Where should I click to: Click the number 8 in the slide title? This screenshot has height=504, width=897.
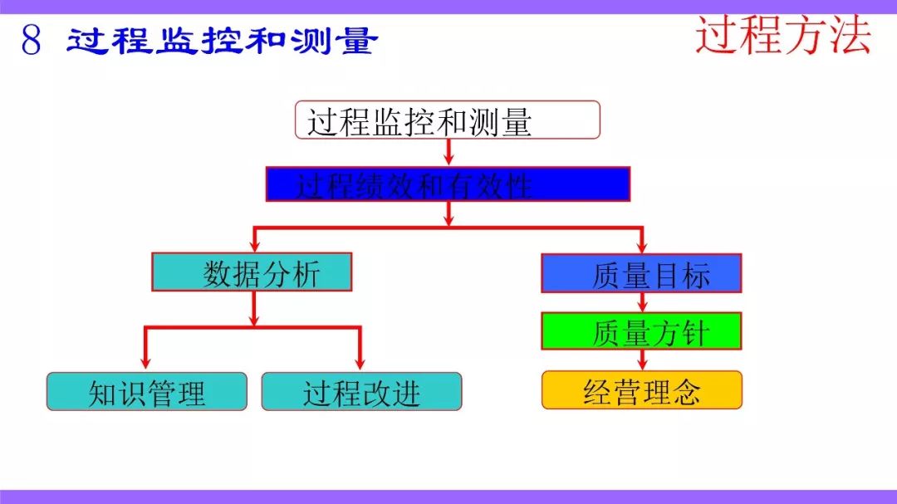pos(32,40)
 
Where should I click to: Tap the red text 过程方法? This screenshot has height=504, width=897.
pos(783,36)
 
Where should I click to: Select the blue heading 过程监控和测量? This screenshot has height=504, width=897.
pos(222,41)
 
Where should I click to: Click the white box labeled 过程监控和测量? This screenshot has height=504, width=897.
pos(448,120)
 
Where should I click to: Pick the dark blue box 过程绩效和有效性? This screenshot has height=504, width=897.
pos(448,183)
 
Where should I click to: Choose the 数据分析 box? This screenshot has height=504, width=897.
pos(252,272)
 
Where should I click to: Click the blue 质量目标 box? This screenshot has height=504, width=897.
pos(641,273)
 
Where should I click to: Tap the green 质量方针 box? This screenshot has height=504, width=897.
pos(641,330)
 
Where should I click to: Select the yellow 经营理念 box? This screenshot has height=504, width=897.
pos(642,390)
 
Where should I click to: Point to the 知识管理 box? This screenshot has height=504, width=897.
pos(147,391)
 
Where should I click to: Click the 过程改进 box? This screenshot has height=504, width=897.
pos(361,391)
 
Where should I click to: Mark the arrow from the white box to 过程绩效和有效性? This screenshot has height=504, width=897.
pos(448,152)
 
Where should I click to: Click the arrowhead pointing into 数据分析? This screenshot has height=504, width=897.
pos(255,246)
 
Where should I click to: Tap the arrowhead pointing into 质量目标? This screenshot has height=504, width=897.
pos(642,247)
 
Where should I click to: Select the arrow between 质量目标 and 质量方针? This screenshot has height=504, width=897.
pos(642,302)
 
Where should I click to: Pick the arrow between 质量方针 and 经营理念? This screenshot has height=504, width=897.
pos(642,360)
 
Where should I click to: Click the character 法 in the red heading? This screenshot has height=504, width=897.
pos(850,36)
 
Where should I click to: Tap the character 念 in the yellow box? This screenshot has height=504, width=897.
pos(686,391)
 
